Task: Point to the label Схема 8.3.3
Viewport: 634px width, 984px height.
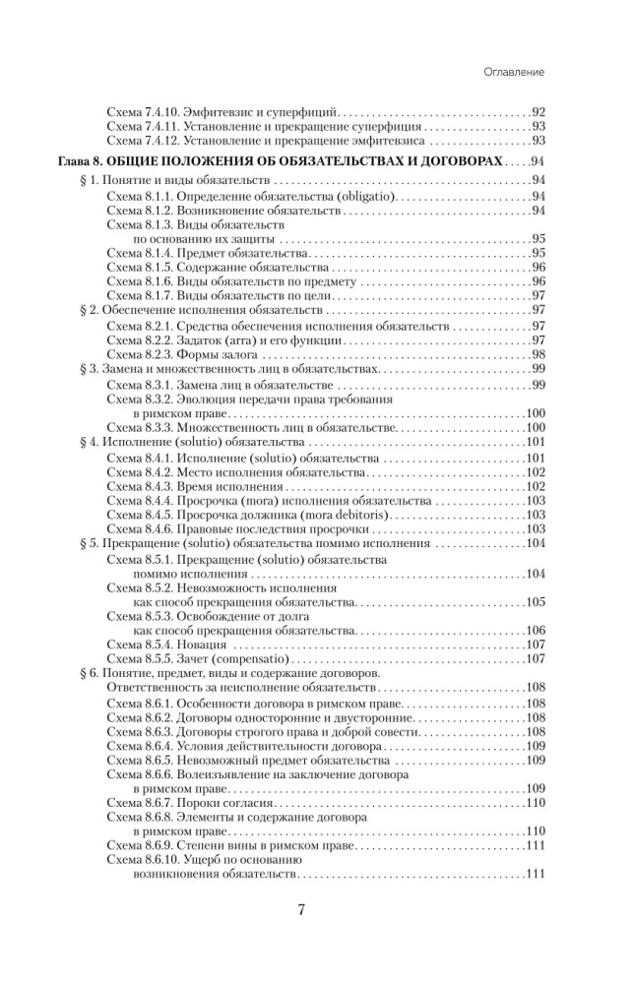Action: click(x=139, y=428)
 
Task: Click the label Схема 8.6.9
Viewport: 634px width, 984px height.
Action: click(x=139, y=845)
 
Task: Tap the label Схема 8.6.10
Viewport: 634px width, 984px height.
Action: click(x=143, y=860)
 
